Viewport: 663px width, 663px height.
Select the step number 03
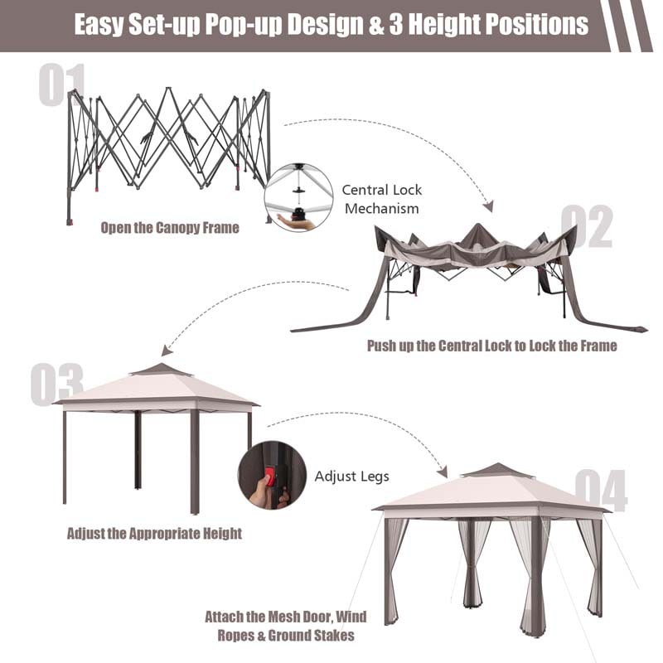56,384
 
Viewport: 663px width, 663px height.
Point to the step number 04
601,490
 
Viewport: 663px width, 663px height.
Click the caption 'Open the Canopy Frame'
170,227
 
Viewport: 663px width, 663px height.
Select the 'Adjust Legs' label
352,477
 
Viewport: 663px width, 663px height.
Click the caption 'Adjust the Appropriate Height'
154,533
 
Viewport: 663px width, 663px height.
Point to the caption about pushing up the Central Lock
492,345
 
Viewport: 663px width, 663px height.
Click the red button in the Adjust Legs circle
268,478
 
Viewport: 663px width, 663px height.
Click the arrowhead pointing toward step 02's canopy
488,206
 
